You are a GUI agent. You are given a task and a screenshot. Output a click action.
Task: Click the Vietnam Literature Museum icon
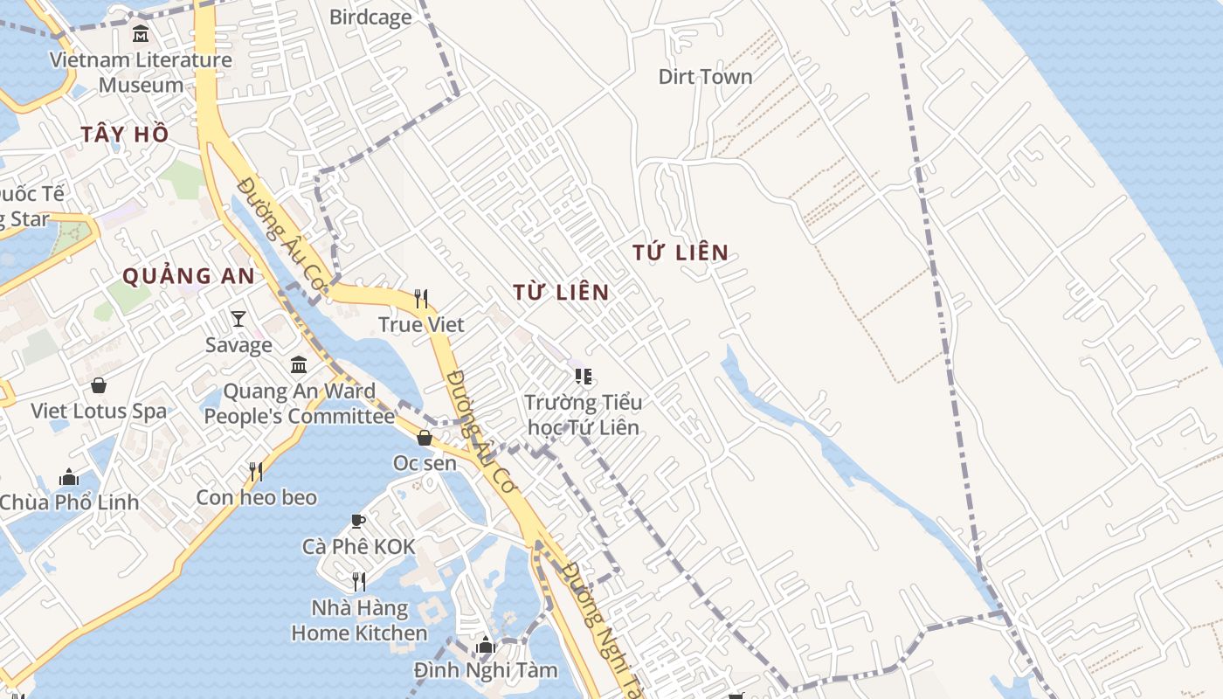(140, 34)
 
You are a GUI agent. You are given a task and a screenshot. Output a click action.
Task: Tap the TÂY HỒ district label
(124, 135)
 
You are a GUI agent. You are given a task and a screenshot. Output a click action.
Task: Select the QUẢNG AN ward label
(189, 276)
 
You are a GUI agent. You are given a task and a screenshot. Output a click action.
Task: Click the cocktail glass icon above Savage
(238, 319)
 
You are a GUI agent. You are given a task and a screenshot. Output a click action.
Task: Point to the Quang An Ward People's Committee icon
(299, 364)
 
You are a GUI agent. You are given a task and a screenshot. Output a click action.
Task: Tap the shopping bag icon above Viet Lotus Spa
(99, 384)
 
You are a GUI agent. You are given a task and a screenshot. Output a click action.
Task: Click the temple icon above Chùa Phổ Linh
(69, 477)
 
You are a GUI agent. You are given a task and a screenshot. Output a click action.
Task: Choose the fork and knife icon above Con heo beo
(256, 472)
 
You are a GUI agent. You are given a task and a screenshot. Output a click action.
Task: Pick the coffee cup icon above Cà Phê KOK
(358, 521)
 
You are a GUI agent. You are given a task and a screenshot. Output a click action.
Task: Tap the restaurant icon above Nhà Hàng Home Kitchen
(358, 581)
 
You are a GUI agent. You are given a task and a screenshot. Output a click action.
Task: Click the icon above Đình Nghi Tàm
(486, 646)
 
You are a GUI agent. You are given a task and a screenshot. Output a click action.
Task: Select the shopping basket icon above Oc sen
(425, 437)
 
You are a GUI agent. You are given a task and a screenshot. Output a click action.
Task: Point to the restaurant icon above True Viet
(421, 299)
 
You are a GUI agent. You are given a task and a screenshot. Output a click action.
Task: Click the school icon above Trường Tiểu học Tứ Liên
(584, 377)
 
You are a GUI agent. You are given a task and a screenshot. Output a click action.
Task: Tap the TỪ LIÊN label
(561, 292)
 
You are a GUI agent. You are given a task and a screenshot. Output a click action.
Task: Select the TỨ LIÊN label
(681, 253)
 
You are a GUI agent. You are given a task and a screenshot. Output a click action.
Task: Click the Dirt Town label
(705, 77)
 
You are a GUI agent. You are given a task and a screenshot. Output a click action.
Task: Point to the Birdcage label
(370, 17)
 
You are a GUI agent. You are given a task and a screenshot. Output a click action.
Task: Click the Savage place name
(238, 344)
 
